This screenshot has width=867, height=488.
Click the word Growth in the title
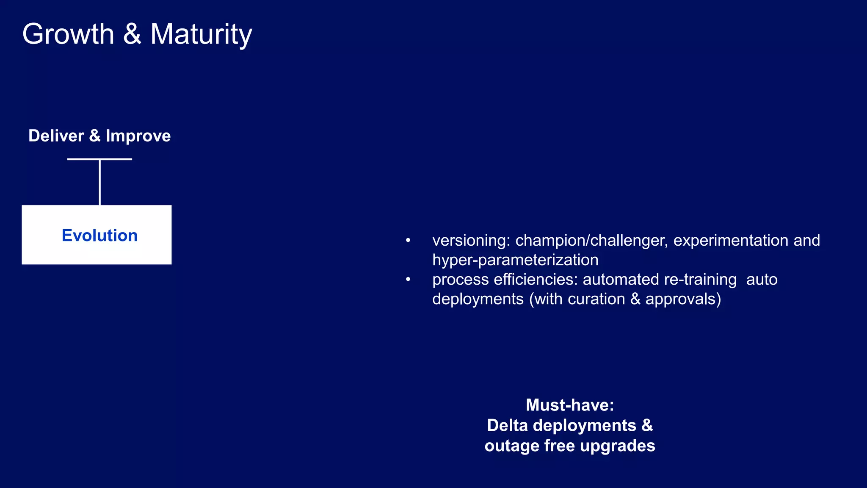[x=68, y=34]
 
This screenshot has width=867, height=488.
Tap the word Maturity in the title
[x=201, y=34]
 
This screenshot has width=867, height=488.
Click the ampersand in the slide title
[x=132, y=34]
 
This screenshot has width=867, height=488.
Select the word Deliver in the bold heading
[x=56, y=136]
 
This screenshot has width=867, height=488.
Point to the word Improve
[x=138, y=136]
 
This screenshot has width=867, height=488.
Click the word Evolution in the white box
[x=99, y=236]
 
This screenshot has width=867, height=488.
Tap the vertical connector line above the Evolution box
[x=100, y=182]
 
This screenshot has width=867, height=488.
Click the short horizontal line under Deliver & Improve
[x=99, y=159]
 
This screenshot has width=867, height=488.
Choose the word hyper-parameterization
[x=515, y=260]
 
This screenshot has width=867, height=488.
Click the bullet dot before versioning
[x=408, y=241]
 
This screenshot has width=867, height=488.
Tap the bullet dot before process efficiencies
[x=408, y=280]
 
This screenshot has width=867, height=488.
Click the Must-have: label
[x=570, y=405]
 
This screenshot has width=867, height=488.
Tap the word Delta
[x=508, y=425]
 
